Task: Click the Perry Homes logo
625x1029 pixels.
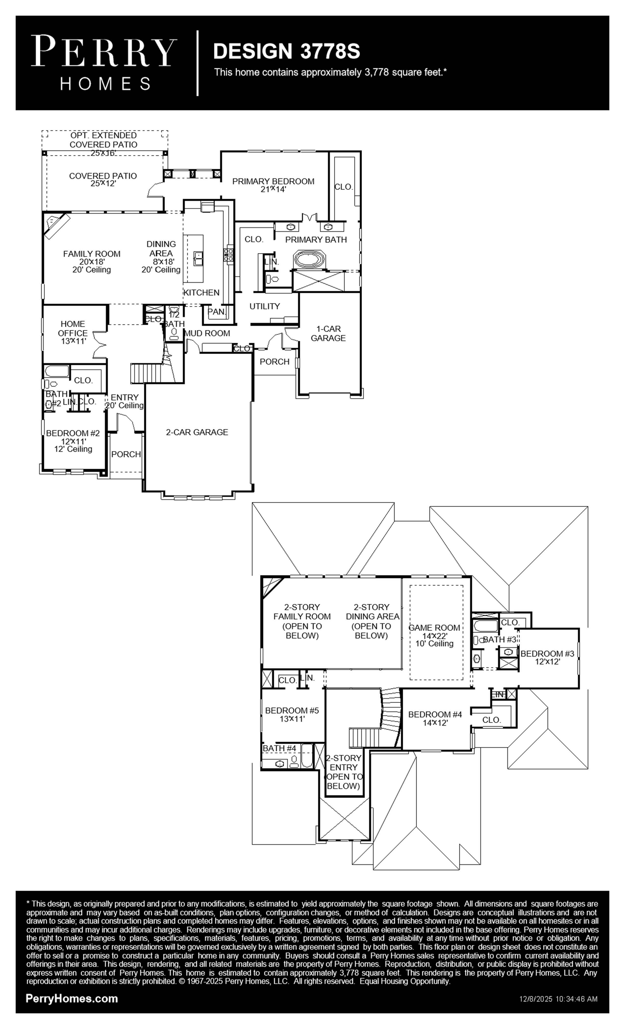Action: pyautogui.click(x=104, y=63)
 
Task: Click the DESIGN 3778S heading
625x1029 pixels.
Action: pyautogui.click(x=287, y=51)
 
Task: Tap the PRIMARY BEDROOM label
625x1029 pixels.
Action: pyautogui.click(x=273, y=181)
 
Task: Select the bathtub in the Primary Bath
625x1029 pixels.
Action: pyautogui.click(x=309, y=259)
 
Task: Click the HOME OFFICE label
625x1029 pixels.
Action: pyautogui.click(x=73, y=328)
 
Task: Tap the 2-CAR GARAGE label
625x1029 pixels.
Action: pyautogui.click(x=197, y=432)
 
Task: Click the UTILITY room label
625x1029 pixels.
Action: pyautogui.click(x=264, y=306)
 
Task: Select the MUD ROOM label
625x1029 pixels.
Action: pyautogui.click(x=207, y=333)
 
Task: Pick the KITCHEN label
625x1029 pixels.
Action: pyautogui.click(x=201, y=292)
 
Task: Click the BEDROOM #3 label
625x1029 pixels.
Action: pyautogui.click(x=547, y=654)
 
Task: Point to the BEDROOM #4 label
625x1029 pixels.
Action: pyautogui.click(x=435, y=714)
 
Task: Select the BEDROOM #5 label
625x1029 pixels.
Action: pyautogui.click(x=292, y=710)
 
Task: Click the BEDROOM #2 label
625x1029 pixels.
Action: pyautogui.click(x=73, y=433)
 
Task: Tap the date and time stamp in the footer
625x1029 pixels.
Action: pyautogui.click(x=558, y=999)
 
